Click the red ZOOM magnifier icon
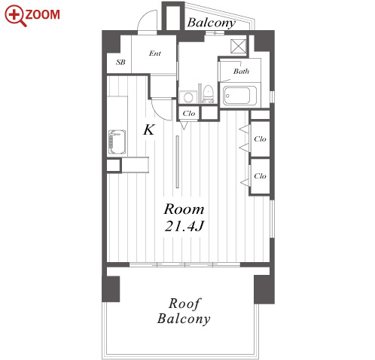[x=15, y=16]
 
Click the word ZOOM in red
[x=43, y=14]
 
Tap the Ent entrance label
[x=155, y=53]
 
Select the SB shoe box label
[x=120, y=62]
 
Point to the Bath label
[x=241, y=72]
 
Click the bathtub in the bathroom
[x=239, y=96]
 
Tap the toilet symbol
[x=208, y=94]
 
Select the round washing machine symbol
[x=187, y=97]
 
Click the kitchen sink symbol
[x=117, y=142]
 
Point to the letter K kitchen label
[x=149, y=130]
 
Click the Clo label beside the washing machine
[x=189, y=114]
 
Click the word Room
[x=184, y=209]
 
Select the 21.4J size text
[x=184, y=226]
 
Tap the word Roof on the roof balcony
[x=184, y=304]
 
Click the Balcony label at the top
[x=212, y=23]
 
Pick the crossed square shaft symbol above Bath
[x=238, y=46]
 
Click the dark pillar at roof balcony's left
[x=111, y=289]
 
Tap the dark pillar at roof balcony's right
[x=264, y=289]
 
